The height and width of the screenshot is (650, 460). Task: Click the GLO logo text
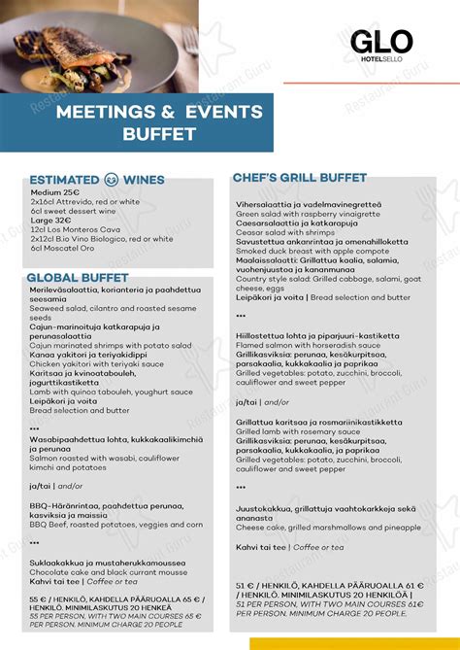pos(381,41)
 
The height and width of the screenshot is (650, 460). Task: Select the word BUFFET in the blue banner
pos(159,134)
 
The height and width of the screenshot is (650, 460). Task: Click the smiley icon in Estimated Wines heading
pos(111,180)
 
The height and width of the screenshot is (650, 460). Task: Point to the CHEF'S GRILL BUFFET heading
pos(299,178)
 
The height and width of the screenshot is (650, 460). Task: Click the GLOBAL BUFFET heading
pos(79,277)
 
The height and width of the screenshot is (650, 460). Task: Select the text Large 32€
pos(50,220)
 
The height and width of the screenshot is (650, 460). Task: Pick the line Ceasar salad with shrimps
pos(285,232)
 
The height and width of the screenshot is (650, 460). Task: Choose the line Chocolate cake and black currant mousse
pos(107,571)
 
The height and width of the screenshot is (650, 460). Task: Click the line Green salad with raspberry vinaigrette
pos(309,214)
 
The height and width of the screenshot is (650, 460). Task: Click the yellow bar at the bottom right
pos(354,643)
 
